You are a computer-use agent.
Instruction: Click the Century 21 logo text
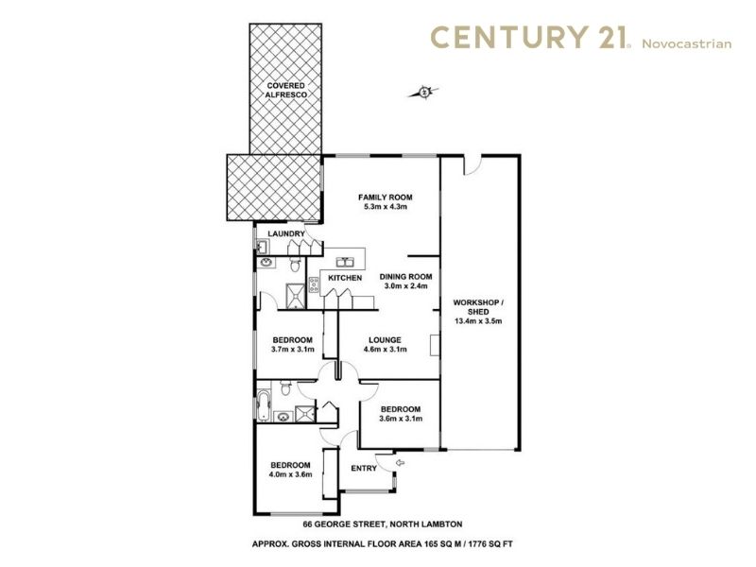[x=530, y=38]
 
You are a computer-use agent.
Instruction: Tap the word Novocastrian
[x=687, y=43]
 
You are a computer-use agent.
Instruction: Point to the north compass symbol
[x=423, y=92]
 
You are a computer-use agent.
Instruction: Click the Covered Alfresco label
[x=286, y=90]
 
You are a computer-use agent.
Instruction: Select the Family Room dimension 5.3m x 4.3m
[x=386, y=207]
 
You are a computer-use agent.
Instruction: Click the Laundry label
[x=286, y=233]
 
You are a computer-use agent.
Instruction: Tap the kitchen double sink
[x=345, y=262]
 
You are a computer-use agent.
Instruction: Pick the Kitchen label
[x=345, y=278]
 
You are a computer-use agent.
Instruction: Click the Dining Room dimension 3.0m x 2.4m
[x=406, y=286]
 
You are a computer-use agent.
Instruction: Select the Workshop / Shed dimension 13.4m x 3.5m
[x=478, y=320]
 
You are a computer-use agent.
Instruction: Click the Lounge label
[x=385, y=340]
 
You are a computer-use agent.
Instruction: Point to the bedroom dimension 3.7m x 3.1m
[x=293, y=349]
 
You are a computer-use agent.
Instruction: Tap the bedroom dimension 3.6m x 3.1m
[x=400, y=419]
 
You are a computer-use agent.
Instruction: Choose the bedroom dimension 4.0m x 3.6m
[x=290, y=474]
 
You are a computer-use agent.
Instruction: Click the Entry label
[x=364, y=468]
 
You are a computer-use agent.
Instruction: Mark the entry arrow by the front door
[x=400, y=463]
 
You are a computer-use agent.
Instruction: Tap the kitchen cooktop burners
[x=314, y=285]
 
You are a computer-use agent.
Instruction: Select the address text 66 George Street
[x=343, y=524]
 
